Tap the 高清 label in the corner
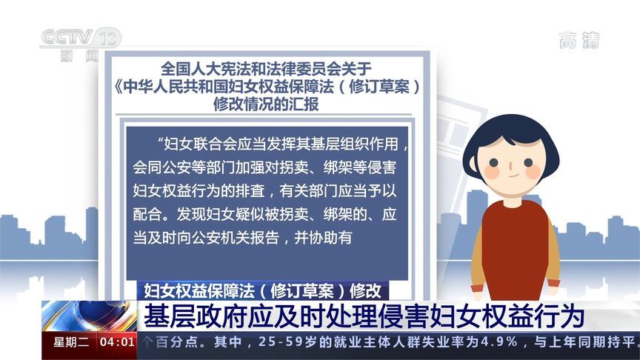[x=579, y=41]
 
